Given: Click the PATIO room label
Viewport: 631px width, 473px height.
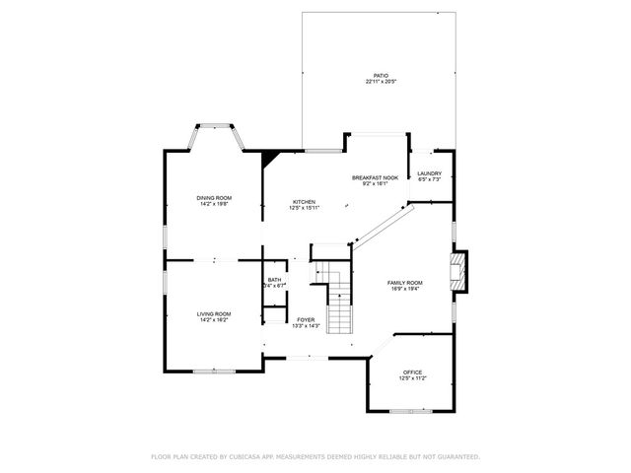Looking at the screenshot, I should [x=380, y=76].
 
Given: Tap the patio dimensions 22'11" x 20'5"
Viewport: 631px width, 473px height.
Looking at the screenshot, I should [x=380, y=82].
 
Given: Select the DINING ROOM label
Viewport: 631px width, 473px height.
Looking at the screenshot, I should [x=214, y=198].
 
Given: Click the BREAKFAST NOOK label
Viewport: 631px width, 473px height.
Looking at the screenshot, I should [x=375, y=177].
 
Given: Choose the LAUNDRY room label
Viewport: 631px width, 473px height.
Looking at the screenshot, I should [x=430, y=173].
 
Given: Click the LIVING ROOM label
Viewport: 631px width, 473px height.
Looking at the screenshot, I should [x=214, y=313].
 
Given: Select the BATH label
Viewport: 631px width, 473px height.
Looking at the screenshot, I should [x=274, y=280].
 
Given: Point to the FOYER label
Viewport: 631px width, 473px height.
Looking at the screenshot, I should [x=305, y=319].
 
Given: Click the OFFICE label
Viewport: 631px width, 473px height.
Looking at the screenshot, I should [x=412, y=372].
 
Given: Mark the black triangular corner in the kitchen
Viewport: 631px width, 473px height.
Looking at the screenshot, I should [x=270, y=157].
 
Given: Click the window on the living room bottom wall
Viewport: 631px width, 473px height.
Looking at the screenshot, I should [x=213, y=371].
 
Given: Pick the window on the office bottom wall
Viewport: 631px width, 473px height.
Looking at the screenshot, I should [x=409, y=410].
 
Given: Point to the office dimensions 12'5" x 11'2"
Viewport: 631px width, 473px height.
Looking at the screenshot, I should [x=412, y=377].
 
